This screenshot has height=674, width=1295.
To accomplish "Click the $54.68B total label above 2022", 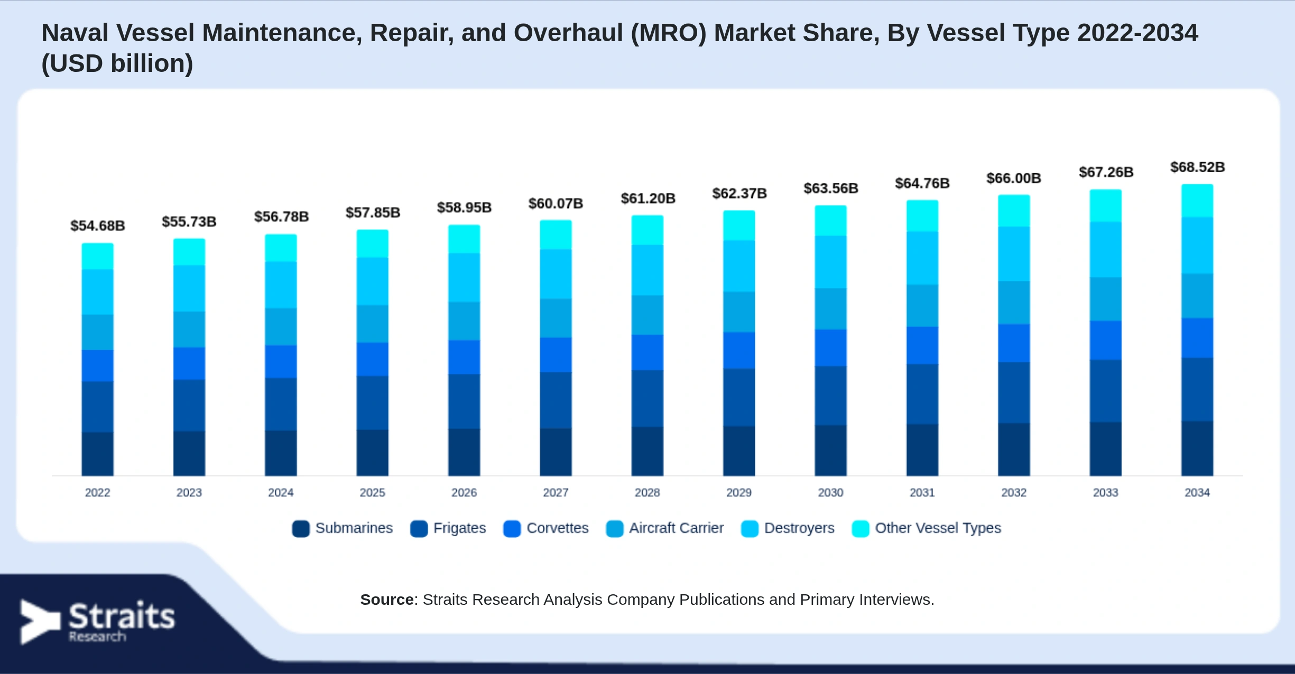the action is [x=98, y=226].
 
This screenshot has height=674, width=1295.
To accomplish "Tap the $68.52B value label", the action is [x=1197, y=167].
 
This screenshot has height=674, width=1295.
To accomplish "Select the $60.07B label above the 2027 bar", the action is [x=556, y=203].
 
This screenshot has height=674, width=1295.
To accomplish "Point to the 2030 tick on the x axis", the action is [x=830, y=492].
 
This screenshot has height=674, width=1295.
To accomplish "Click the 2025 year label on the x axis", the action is [x=372, y=492].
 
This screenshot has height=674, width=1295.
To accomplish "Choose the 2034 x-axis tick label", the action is [x=1197, y=492].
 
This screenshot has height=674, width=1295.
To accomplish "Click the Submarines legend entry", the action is [x=343, y=528].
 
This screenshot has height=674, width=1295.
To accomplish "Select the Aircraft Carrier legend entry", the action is [x=665, y=528].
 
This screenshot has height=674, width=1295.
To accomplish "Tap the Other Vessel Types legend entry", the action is [x=927, y=528].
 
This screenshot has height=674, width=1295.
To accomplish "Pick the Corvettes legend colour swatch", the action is [x=512, y=529].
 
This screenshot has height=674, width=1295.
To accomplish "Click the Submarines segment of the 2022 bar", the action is [x=98, y=454].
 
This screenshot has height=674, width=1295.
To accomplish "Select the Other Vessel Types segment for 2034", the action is [x=1197, y=201].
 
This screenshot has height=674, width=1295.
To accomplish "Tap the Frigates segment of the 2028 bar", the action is [x=647, y=398].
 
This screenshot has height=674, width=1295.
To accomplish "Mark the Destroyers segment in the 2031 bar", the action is [x=922, y=258].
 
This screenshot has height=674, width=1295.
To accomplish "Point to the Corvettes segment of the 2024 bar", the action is [x=281, y=362].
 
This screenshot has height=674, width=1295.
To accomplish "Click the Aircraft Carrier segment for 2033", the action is [x=1105, y=299].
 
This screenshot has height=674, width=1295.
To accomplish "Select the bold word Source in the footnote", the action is [x=387, y=600].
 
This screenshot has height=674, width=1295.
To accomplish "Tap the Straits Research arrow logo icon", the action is [x=40, y=622].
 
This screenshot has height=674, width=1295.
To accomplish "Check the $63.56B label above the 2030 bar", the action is [x=830, y=188].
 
